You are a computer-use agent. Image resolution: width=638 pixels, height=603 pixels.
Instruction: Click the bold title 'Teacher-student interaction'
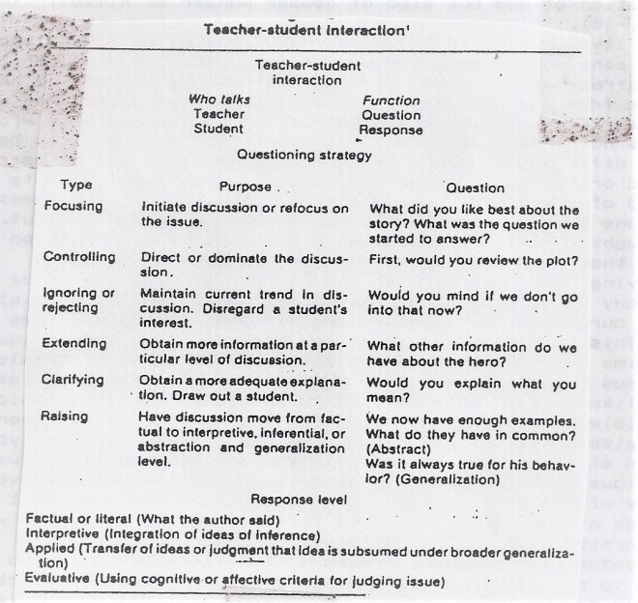(306, 30)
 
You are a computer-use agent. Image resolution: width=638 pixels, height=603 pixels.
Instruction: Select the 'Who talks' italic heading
(218, 100)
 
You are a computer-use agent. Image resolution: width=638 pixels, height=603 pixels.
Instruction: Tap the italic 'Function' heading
(391, 100)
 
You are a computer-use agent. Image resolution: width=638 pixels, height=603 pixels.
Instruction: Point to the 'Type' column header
(76, 186)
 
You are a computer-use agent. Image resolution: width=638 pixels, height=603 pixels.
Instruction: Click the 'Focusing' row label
(73, 207)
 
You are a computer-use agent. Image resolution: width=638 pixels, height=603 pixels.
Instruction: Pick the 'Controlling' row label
(79, 257)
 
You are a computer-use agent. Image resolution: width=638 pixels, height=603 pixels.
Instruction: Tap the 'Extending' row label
(75, 344)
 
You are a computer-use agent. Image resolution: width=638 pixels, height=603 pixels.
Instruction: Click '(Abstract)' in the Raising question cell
(397, 449)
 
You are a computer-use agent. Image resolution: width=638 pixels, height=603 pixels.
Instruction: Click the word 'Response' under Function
(391, 129)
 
